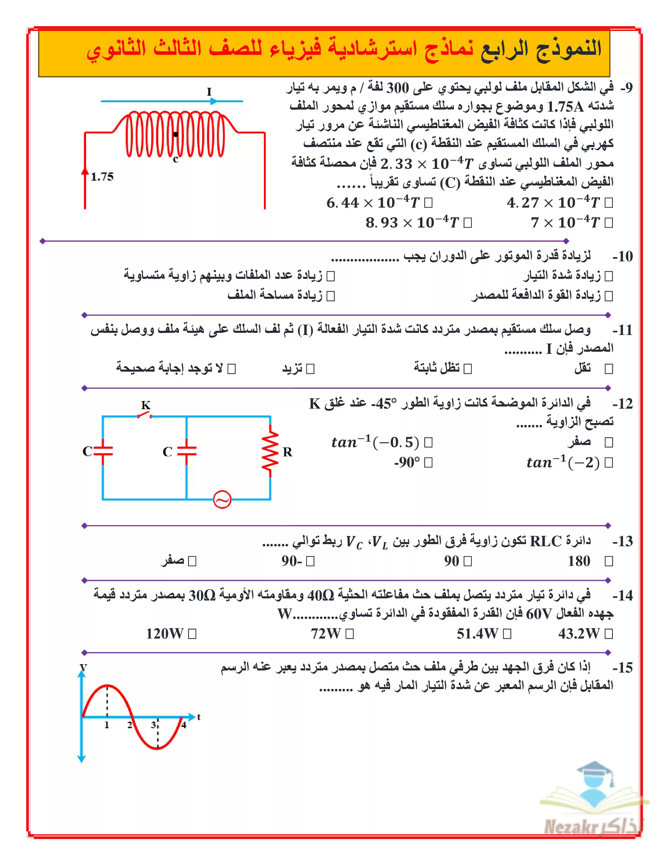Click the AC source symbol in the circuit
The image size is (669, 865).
point(222,499)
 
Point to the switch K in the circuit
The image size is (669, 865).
point(145,415)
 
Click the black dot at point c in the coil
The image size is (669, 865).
point(176,134)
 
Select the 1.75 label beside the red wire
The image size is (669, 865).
point(102,177)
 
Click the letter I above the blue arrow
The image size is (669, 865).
point(209,91)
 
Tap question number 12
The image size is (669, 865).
point(623,404)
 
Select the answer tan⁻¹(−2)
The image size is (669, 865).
point(563,462)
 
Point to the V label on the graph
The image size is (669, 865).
point(83,667)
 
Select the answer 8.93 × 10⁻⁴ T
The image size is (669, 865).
point(412,223)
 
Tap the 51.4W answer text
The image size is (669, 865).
point(477,634)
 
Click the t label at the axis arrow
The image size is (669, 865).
point(199,716)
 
